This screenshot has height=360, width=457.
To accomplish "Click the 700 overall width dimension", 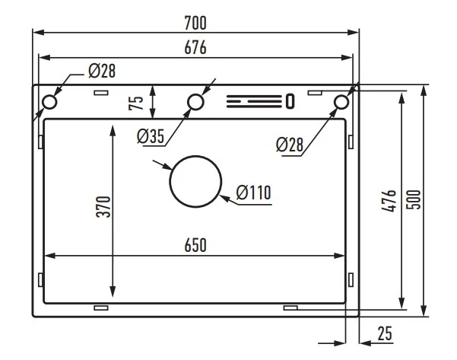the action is coord(195,23).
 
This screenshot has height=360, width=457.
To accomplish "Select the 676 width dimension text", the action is coord(195,47).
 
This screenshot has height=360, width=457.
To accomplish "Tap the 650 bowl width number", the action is coord(195,245).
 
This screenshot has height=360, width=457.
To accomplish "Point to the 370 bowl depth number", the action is coord(103,207).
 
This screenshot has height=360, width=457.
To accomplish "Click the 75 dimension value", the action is coord(136,103).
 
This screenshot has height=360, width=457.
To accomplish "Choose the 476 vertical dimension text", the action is coord(389,201).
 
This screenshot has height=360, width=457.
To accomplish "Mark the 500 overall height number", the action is coord(414,199).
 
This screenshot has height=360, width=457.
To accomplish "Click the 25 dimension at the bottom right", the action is coord(385,333).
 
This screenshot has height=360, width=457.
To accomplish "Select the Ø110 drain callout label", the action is coord(253,193).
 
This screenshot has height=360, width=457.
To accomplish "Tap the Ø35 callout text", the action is coord(151,136).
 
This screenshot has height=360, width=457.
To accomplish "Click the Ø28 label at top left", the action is coord(102,71).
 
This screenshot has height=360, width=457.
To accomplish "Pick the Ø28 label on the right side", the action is coord(290,145).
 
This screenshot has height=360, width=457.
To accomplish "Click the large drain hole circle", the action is coord(195,181).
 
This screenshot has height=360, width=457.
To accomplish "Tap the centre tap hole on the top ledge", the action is coord(195,102).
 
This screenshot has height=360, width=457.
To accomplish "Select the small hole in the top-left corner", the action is coord(49,102).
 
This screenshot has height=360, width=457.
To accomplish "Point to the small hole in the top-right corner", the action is coord(341,102).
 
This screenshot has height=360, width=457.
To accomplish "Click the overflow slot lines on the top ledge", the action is coord(255,101).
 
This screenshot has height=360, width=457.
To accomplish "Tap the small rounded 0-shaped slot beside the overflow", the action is coord(290,101).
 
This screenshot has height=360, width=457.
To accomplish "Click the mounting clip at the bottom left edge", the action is coord(101,307).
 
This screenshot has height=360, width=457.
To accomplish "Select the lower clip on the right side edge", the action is coord(351,280).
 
